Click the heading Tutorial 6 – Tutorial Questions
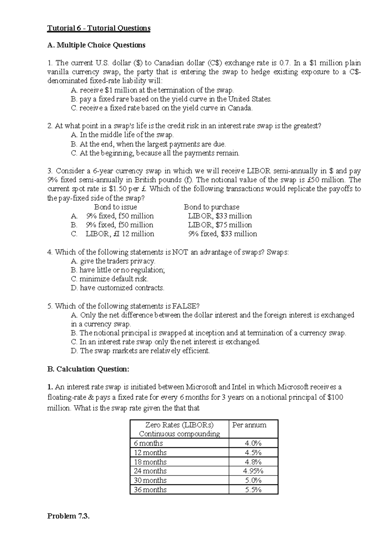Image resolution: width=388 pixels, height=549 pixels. coord(99,28)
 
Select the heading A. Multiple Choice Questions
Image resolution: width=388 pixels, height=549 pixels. coord(96,45)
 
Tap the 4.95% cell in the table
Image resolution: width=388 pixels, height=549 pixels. coord(253,471)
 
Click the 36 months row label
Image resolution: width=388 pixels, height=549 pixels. coord(150,490)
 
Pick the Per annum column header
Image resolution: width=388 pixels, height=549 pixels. coord(249,425)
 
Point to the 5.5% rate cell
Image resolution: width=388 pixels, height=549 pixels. coord(253,490)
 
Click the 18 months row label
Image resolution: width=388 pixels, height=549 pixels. coord(150,462)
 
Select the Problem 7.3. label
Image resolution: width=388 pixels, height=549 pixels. coord(68,516)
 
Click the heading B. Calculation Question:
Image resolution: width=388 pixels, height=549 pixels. coord(88,369)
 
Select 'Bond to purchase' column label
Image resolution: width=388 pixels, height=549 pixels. coord(211,207)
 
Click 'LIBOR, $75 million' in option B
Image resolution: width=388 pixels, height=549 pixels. coord(220,225)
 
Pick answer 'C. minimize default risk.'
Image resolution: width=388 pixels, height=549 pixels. coord(109,279)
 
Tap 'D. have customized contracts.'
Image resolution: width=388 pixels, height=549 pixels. coord(117,288)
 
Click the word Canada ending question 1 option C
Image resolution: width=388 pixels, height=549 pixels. coord(240,108)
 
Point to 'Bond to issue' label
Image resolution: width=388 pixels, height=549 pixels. coord(115,207)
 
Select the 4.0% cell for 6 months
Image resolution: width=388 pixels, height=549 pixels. coord(253,443)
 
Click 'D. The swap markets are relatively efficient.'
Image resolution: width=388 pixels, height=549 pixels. coord(140,351)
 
